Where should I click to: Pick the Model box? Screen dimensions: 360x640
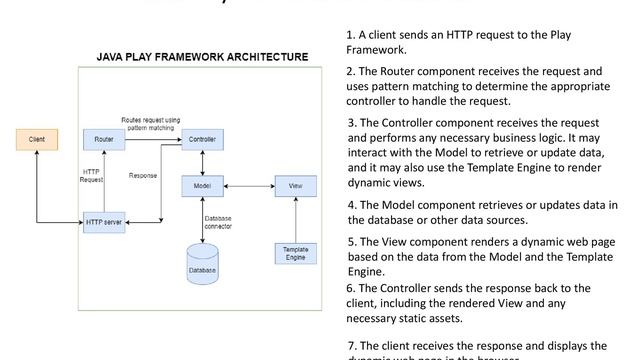[x=202, y=185]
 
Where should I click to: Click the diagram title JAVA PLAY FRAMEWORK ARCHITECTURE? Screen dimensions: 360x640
[x=202, y=57]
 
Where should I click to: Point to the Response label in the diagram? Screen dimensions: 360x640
[x=143, y=176]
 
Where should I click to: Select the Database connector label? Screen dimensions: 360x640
[x=219, y=221]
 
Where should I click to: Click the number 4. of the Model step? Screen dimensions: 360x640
[x=352, y=205]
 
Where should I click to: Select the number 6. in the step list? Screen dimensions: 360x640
[x=351, y=288]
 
